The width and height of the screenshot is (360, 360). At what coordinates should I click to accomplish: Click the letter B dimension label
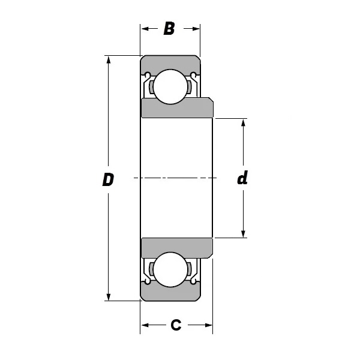coord(169,29)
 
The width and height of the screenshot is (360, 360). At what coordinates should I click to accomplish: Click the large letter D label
coord(108,179)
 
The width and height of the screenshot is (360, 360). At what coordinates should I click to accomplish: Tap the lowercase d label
coord(242,178)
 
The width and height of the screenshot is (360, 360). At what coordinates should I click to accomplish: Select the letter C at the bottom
coord(176,325)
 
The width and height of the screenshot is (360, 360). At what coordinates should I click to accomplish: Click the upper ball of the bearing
coord(170,87)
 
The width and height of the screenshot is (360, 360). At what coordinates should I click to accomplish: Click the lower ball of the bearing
coord(170,269)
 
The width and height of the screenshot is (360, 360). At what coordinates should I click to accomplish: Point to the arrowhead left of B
coord(145,29)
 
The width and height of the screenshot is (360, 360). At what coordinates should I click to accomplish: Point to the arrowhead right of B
coord(196,29)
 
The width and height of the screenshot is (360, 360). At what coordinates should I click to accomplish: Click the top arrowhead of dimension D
coord(109,60)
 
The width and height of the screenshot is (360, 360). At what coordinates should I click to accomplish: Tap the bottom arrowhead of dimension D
coord(109,296)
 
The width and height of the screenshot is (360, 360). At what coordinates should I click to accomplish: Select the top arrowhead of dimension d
coord(244,123)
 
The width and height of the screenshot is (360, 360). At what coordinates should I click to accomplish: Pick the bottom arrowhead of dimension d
coord(244,233)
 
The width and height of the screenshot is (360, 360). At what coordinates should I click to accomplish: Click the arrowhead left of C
coord(145,325)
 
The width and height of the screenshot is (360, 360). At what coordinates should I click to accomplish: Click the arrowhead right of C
coord(208,325)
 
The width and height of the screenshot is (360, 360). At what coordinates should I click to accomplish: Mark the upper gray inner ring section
coord(177,107)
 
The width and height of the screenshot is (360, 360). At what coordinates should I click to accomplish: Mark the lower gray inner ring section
coord(177,248)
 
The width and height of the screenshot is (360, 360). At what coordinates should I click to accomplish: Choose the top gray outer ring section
coord(170,65)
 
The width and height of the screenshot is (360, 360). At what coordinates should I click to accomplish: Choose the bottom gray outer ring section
coord(170,291)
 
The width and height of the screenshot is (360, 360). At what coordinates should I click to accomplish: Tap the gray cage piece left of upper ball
coord(152,87)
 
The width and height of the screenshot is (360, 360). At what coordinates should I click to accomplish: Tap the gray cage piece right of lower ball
coord(189,269)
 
